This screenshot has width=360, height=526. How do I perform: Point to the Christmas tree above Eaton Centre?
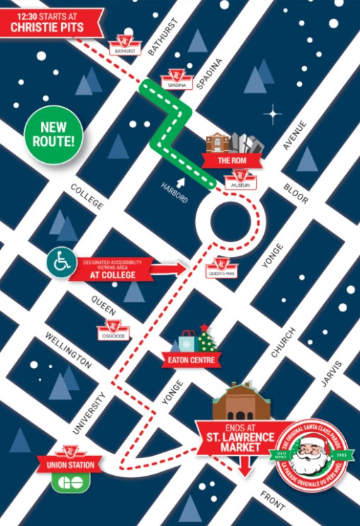click(x=207, y=339)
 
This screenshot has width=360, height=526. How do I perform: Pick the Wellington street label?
click(x=69, y=349)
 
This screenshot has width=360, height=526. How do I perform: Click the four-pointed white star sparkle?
click(x=272, y=113)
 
